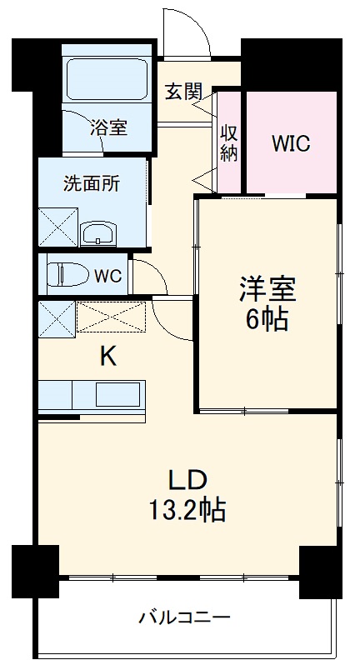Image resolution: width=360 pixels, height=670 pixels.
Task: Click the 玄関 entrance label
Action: [182, 92]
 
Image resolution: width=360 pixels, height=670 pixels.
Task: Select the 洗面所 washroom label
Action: [92, 184]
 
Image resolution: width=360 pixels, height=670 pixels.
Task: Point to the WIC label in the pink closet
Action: [291, 142]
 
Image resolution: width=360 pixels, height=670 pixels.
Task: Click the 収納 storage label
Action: [229, 142]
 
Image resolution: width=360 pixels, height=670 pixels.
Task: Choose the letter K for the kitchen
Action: [107, 357]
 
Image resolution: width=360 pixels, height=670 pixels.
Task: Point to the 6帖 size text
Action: [267, 319]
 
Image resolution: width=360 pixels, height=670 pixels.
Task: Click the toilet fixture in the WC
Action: [63, 274]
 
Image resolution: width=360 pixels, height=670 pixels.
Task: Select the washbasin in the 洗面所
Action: [100, 232]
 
